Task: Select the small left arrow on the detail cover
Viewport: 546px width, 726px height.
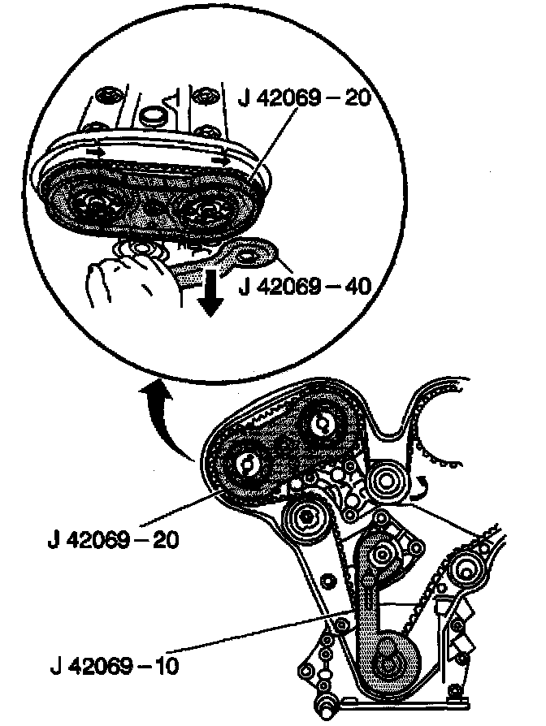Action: click(97, 149)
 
